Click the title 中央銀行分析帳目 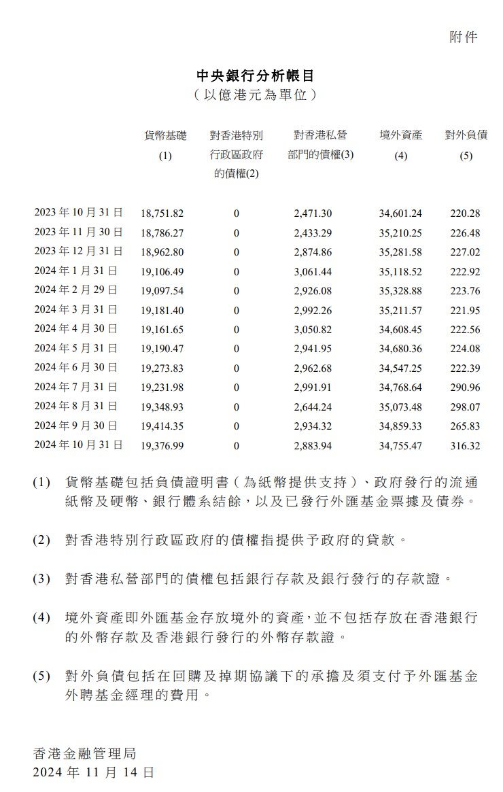[255, 75]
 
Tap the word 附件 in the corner [464, 37]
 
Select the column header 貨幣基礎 [165, 135]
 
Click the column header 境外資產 [400, 135]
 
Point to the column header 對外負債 [466, 135]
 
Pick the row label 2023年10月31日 [78, 213]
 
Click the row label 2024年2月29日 [75, 290]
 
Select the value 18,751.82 [162, 213]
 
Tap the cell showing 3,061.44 [313, 271]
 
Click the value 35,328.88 [400, 290]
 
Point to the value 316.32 [465, 445]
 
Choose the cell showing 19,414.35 [162, 426]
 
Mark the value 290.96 [465, 388]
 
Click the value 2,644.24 [313, 407]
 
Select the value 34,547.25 [400, 368]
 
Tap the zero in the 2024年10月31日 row [236, 445]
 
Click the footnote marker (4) [41, 618]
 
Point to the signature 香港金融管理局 [85, 753]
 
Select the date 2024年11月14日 [93, 773]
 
